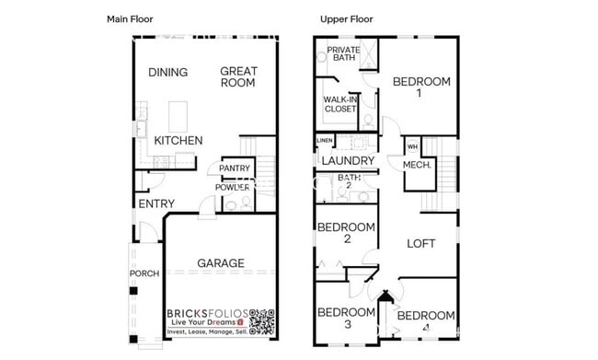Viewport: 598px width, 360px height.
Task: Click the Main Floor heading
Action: [x=129, y=18]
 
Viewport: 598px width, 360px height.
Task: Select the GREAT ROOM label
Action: [x=238, y=77]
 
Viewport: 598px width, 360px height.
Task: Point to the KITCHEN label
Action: [x=178, y=141]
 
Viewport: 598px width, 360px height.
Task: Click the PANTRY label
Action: [x=235, y=168]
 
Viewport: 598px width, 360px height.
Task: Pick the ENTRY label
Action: [x=156, y=204]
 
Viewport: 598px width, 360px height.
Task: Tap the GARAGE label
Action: [x=222, y=263]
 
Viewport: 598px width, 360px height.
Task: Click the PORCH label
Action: [x=144, y=273]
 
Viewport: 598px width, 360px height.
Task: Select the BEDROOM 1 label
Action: [x=421, y=87]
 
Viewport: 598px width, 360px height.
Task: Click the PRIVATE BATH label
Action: [x=343, y=53]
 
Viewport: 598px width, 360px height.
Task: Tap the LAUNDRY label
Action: [x=347, y=161]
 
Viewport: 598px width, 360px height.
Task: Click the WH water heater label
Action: [x=411, y=146]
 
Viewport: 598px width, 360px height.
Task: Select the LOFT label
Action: [x=421, y=244]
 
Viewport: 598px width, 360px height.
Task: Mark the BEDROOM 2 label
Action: [x=346, y=233]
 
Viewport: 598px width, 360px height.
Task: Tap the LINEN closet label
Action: [x=324, y=140]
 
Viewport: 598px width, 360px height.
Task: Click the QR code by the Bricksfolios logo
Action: [x=261, y=322]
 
